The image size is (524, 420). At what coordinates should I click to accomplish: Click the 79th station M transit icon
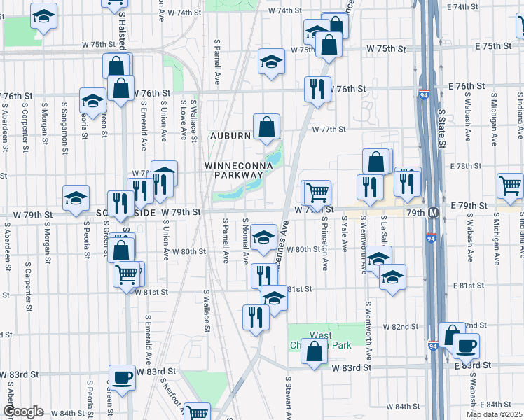(x=434, y=212)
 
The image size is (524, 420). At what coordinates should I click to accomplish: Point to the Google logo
(x=23, y=412)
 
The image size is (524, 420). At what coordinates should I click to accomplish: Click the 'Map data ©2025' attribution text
(x=494, y=414)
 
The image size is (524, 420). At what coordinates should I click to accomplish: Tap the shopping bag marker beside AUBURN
(x=266, y=128)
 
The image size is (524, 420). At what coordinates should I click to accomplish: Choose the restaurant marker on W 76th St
(x=317, y=89)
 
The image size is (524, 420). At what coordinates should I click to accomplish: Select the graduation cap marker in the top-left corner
(x=44, y=17)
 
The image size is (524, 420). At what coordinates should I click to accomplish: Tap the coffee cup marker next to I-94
(x=465, y=346)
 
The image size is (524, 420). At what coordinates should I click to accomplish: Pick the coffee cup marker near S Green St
(x=123, y=377)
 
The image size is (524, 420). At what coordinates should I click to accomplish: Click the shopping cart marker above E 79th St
(x=509, y=185)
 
